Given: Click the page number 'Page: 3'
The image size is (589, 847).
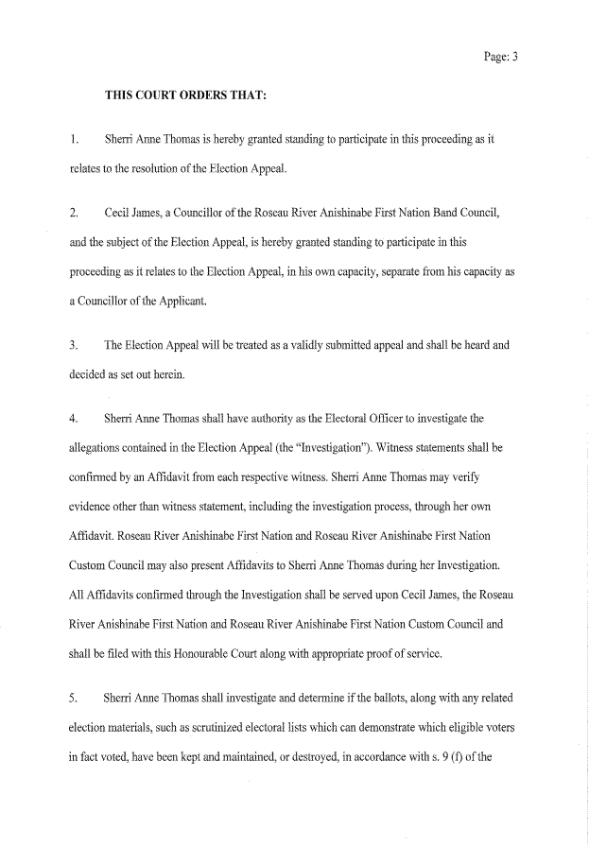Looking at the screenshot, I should [500, 57].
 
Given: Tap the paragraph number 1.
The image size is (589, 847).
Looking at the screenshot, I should [74, 139].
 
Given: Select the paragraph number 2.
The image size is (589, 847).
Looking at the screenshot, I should [74, 215].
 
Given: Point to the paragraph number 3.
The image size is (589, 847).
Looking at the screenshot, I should [74, 345].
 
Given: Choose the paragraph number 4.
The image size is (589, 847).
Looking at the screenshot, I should [74, 419].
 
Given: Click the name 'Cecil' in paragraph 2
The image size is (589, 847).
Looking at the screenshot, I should [118, 215].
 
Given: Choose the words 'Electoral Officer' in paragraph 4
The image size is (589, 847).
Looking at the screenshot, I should [327, 419].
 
